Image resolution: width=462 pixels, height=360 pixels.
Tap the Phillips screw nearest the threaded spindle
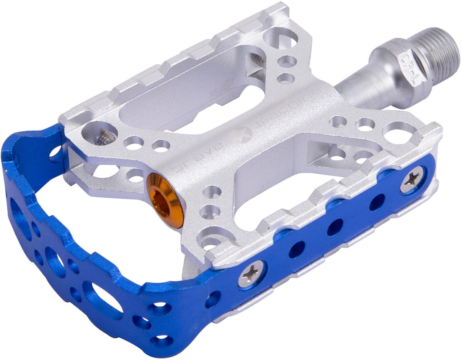click(412, 179)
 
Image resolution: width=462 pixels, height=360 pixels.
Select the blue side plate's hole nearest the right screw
click(376, 202)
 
